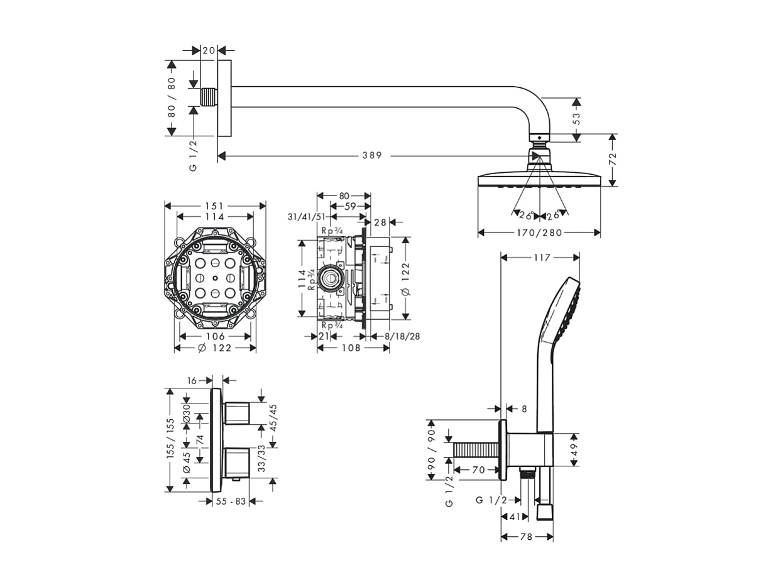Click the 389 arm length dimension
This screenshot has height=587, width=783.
(x=371, y=155)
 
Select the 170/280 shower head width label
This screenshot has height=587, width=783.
(x=539, y=233)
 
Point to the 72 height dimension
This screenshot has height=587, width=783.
(x=613, y=158)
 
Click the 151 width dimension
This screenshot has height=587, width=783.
(x=215, y=206)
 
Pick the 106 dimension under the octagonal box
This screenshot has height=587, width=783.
(x=215, y=337)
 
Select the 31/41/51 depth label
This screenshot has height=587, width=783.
(x=307, y=217)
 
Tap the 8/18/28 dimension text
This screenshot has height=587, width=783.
(x=402, y=337)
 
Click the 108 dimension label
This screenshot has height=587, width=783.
(x=351, y=348)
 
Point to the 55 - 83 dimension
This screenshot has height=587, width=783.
(x=231, y=502)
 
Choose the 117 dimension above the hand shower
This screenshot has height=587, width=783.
(x=542, y=258)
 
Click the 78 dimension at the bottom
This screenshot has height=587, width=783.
(x=527, y=537)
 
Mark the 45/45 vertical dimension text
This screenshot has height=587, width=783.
(x=273, y=417)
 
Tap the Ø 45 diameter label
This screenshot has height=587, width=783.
(x=187, y=462)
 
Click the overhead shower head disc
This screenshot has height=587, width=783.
(x=539, y=180)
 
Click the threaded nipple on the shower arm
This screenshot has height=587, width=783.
(x=208, y=97)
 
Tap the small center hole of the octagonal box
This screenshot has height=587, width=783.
(x=215, y=278)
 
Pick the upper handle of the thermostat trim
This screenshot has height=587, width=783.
(x=238, y=412)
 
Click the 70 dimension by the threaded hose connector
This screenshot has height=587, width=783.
(x=478, y=469)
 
